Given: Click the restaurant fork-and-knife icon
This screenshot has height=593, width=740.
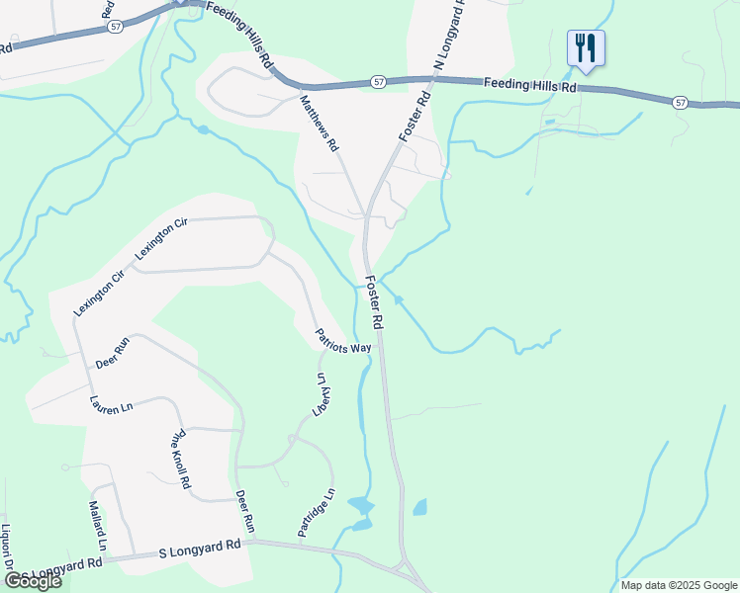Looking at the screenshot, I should (586, 46).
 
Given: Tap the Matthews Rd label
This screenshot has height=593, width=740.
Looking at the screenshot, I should (320, 122).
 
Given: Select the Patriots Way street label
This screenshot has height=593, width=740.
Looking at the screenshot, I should (343, 341).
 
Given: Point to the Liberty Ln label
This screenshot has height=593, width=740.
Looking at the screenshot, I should (321, 396).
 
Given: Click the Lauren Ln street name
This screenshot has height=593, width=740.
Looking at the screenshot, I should (111, 405).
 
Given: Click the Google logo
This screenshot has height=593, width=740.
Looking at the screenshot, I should (33, 581).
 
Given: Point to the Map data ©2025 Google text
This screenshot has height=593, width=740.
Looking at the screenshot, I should (678, 585).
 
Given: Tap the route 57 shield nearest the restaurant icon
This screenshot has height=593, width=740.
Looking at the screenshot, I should (679, 102).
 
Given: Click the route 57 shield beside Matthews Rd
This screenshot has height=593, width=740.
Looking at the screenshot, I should (379, 82).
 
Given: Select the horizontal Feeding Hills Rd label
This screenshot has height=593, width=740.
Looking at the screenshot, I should (530, 87).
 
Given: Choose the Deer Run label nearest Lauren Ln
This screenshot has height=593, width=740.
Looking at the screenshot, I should (113, 353).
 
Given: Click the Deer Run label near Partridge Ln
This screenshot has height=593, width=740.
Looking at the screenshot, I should (244, 510).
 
